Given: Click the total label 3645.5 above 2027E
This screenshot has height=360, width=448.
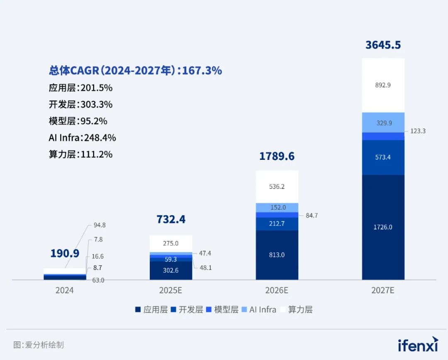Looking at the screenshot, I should pos(383,45).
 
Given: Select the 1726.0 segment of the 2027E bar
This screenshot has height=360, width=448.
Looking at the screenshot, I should pos(383,227).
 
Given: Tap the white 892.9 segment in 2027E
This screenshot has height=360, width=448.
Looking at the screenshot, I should pos(383,85).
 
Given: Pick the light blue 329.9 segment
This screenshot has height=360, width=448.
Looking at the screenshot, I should pos(383,122).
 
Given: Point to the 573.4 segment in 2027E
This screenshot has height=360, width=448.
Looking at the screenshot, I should pos(383,157).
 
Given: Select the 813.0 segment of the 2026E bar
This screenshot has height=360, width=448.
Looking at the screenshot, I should pos(277,255).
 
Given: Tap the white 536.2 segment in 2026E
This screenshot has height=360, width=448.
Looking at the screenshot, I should pos(277,186).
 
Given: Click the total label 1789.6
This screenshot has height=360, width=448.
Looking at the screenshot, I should pos(277,156).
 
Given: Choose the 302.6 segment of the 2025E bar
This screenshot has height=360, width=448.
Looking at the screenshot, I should pos(170,270).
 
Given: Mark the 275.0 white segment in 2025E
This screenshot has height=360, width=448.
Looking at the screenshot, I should pos(170,243).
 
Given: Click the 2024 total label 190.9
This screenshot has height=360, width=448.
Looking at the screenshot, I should pos(65,253).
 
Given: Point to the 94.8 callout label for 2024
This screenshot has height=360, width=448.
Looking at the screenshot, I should pos(100,225).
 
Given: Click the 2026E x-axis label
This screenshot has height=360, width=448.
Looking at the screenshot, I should pos(277,290).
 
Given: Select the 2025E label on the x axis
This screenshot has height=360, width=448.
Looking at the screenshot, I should pos(170,290).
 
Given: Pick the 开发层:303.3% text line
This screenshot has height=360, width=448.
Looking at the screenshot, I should pos(80,104).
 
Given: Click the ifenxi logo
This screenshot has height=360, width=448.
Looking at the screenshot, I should pos(418,344).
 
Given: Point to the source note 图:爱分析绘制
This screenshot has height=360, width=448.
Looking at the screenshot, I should pos(38,345).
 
